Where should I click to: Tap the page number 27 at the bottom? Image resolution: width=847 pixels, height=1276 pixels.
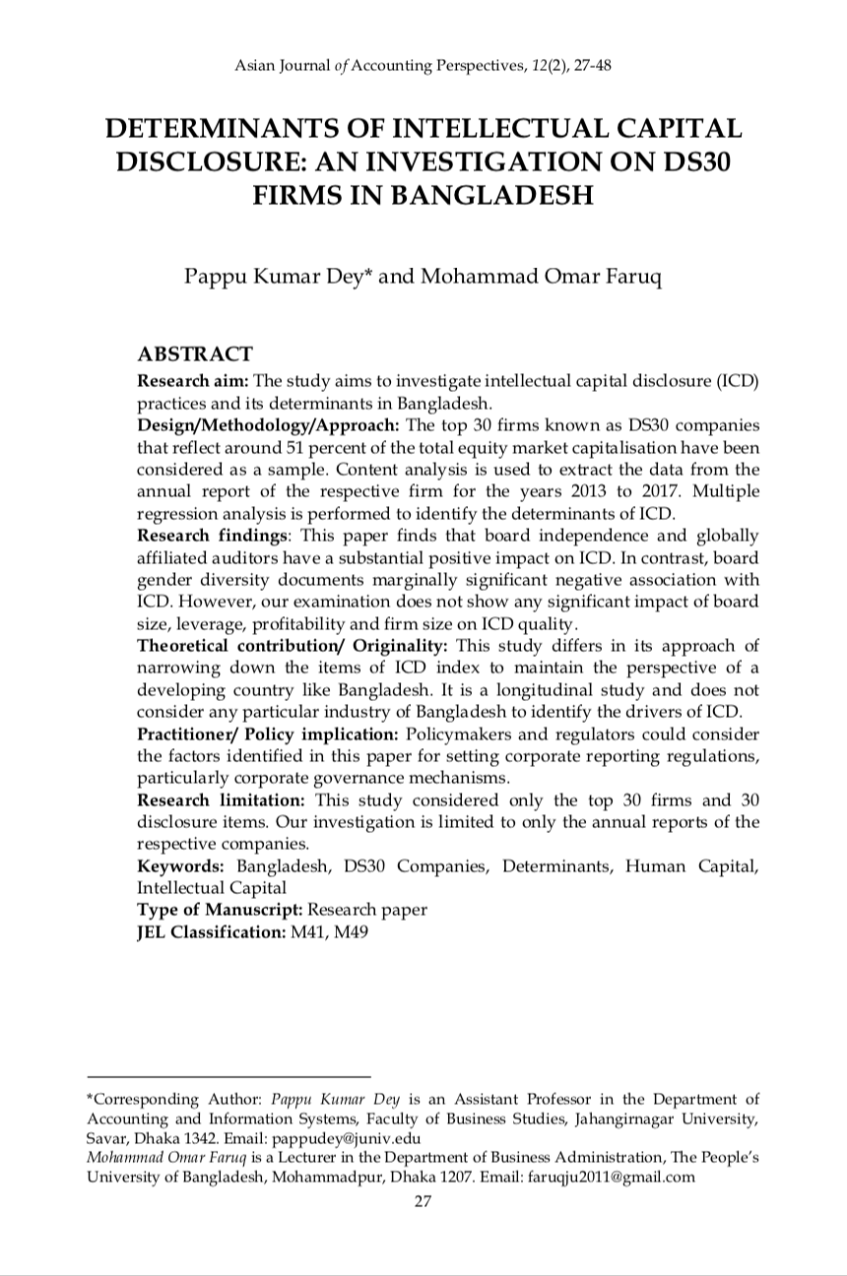point(423,1200)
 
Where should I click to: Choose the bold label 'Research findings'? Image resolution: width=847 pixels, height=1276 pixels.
point(213,536)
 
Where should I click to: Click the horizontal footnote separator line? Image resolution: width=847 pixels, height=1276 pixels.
point(228,1076)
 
